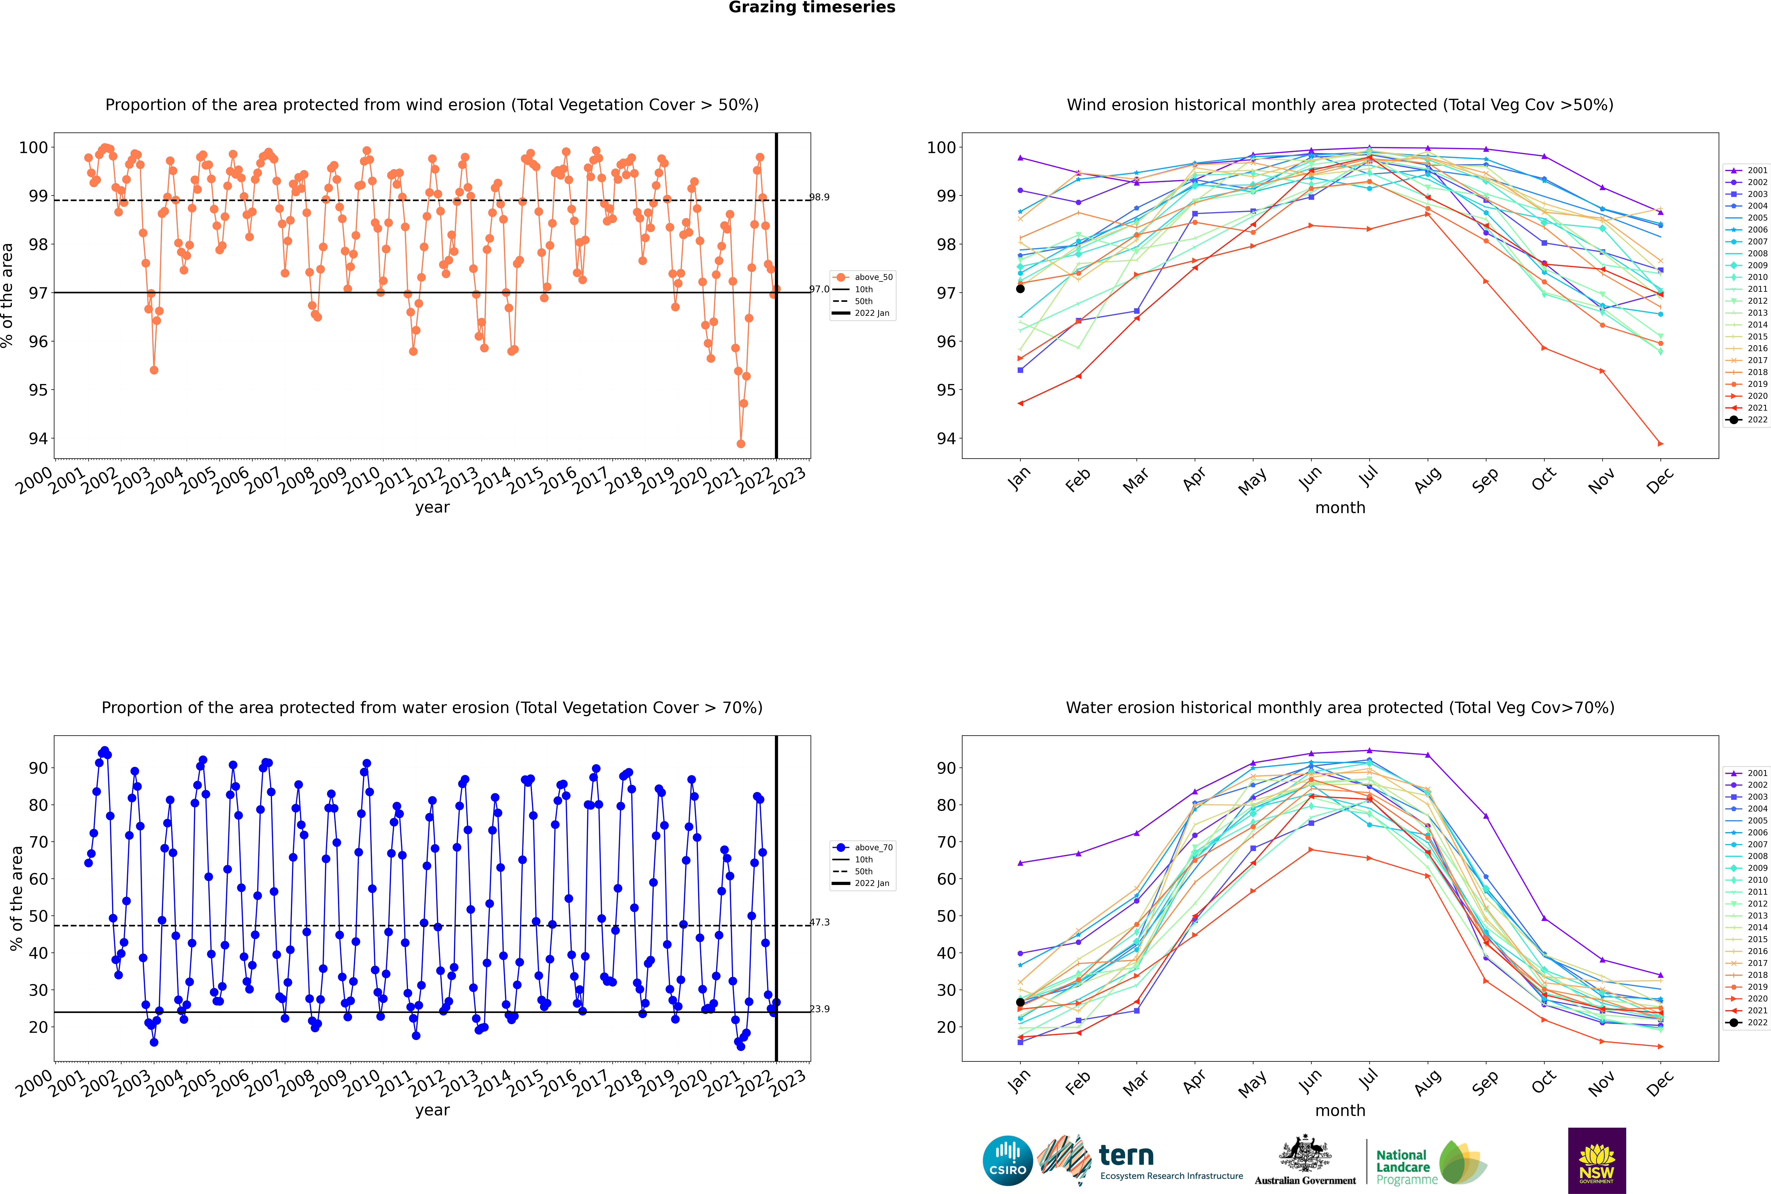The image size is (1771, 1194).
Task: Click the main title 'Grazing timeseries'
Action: click(812, 8)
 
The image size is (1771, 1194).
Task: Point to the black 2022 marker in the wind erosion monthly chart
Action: click(1020, 289)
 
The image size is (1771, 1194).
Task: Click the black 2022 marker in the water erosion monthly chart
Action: click(1020, 1002)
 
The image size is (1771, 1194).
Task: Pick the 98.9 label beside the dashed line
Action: click(819, 197)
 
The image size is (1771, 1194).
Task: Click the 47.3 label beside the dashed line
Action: click(819, 922)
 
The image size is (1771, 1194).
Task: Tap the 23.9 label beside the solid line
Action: click(819, 1009)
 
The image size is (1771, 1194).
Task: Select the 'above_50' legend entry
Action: click(873, 277)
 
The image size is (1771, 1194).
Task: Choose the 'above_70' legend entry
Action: click(873, 848)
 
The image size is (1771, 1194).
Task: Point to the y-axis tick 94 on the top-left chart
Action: click(38, 439)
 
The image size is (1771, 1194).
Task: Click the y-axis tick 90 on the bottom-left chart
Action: click(38, 768)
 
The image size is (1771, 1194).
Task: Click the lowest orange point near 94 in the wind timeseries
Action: click(741, 444)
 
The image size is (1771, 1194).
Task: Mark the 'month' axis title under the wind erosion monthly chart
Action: click(1340, 508)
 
